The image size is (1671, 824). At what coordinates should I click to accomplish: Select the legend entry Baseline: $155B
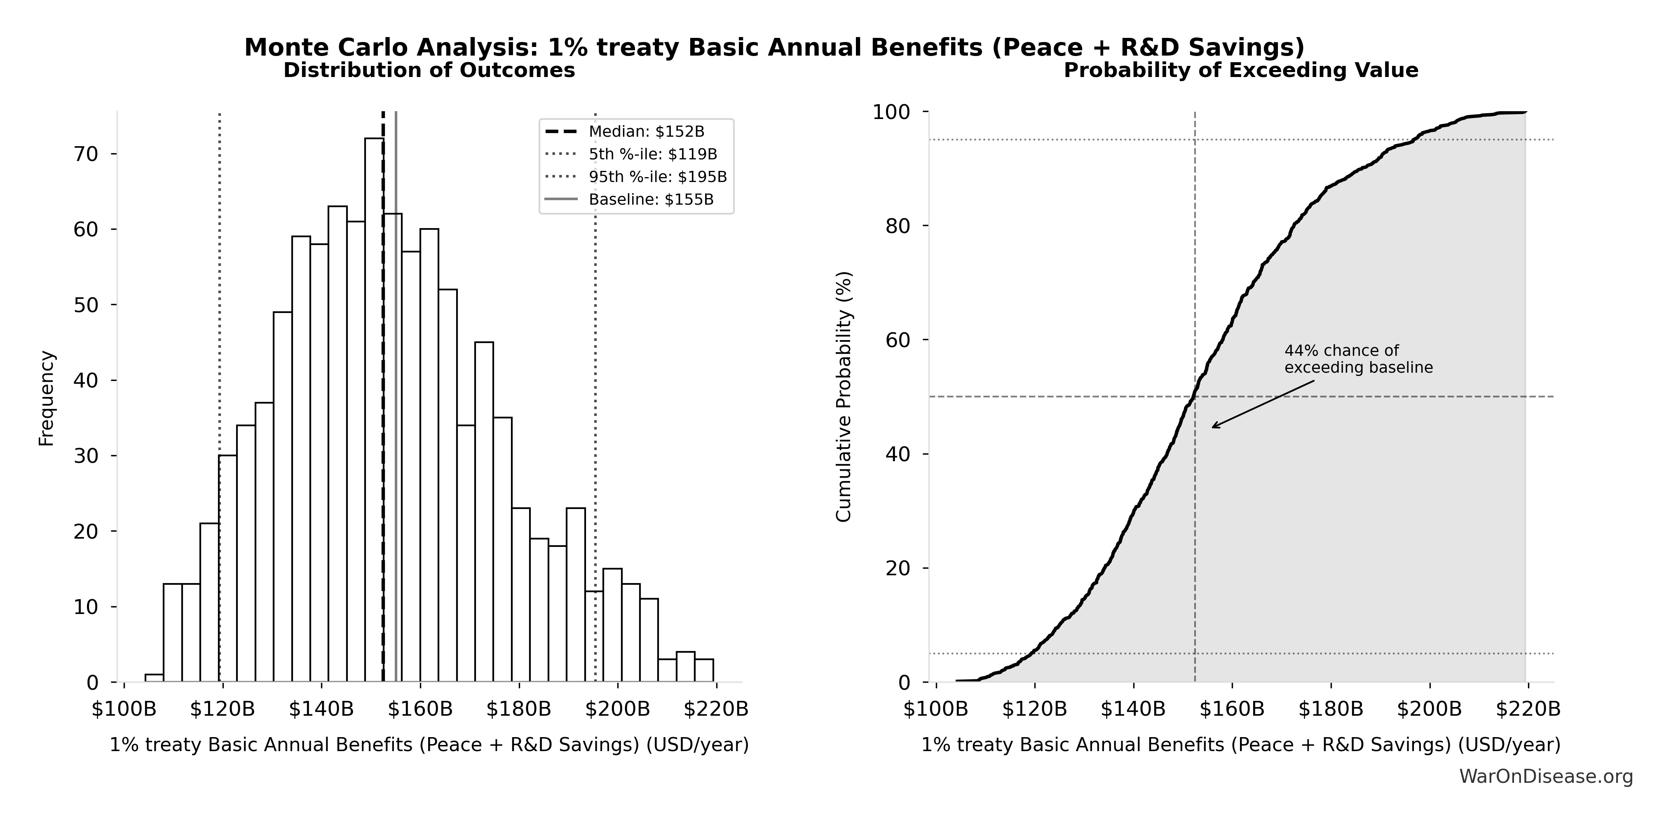(651, 200)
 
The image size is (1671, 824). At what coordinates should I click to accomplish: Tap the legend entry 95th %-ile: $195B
(657, 177)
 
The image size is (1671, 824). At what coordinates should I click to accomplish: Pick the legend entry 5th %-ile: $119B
(653, 154)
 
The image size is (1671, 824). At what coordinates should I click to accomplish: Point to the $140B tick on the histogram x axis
(322, 709)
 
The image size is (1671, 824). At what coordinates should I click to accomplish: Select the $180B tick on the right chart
(1331, 709)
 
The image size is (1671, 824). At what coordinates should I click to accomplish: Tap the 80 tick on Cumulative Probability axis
(898, 226)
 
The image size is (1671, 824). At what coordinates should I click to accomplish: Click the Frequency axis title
(47, 398)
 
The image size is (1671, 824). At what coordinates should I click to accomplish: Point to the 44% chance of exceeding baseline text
(1358, 359)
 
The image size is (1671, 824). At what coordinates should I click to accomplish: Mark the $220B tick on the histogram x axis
(716, 709)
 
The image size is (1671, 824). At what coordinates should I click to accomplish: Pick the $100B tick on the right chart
(936, 709)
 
